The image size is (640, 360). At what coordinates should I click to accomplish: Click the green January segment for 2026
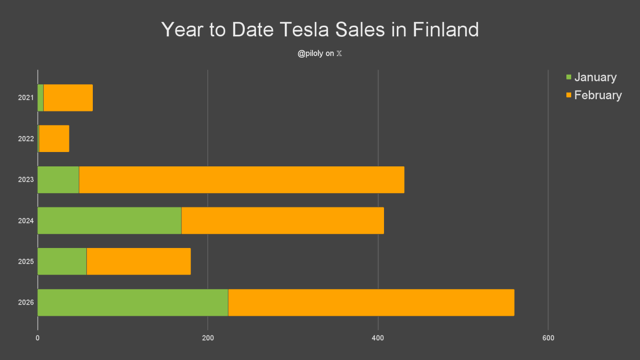coord(133,302)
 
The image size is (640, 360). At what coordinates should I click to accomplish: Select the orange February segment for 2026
coord(371,302)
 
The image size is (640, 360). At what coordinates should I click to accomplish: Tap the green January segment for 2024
coord(109,220)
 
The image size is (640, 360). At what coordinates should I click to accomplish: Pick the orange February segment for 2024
coord(283,220)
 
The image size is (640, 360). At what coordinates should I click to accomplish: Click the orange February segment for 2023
coord(242,180)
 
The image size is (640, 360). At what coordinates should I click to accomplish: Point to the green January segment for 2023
coord(58,180)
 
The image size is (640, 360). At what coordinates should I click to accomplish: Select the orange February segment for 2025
coord(139,261)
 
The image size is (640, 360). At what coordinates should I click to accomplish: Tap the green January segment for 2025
coord(62,261)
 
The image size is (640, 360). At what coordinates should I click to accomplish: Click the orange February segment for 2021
coord(68,98)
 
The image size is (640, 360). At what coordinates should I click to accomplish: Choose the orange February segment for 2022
coord(54,139)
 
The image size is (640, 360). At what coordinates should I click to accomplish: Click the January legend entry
coord(591,77)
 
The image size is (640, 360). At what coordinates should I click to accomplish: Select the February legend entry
coord(593,95)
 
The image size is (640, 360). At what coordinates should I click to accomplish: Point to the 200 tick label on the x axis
coord(208,338)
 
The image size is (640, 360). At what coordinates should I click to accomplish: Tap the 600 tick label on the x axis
coord(548,338)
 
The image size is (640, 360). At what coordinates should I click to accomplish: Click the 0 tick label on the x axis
coord(37,338)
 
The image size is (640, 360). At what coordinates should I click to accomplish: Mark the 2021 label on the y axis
coord(26,98)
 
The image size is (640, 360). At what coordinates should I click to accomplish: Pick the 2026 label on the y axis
coord(26,302)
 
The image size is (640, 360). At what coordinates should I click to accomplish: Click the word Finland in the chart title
coord(445,30)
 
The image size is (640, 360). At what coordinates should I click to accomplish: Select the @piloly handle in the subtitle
coord(310,53)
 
